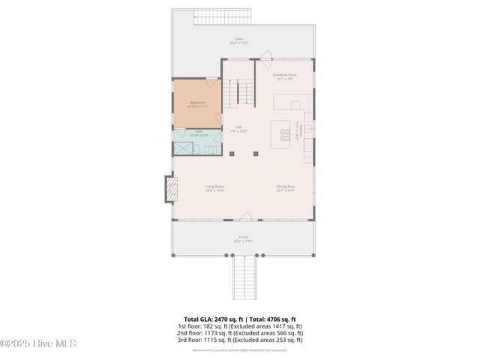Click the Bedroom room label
pyautogui.click(x=198, y=103)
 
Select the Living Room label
pyautogui.click(x=214, y=188)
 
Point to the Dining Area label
pyautogui.click(x=286, y=188)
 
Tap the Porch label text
pyautogui.click(x=244, y=239)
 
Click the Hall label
pyautogui.click(x=238, y=128)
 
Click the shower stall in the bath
pyautogui.click(x=183, y=148)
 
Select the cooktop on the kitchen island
pyautogui.click(x=286, y=135)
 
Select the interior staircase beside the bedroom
pyautogui.click(x=238, y=93)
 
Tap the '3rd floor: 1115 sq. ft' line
pyautogui.click(x=239, y=340)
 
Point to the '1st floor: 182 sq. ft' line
pyautogui.click(x=239, y=326)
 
